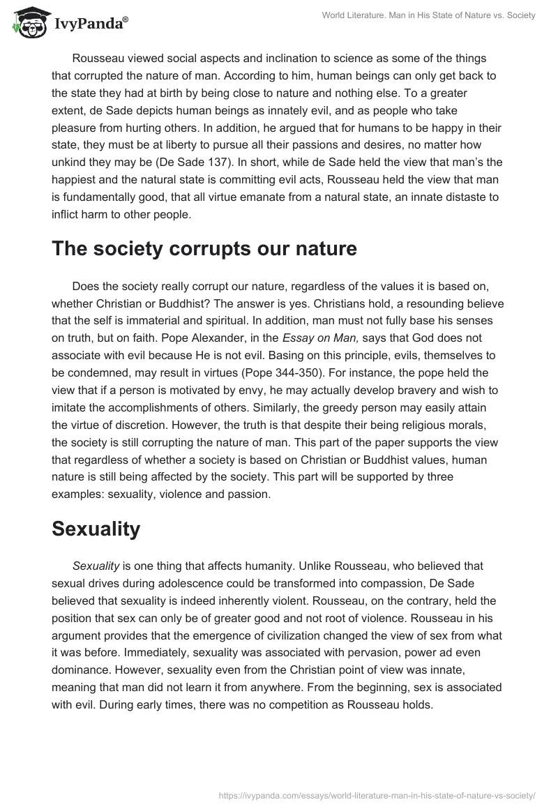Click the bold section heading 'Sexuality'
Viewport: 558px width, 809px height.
[96, 529]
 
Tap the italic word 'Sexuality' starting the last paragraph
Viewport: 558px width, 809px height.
[94, 566]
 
